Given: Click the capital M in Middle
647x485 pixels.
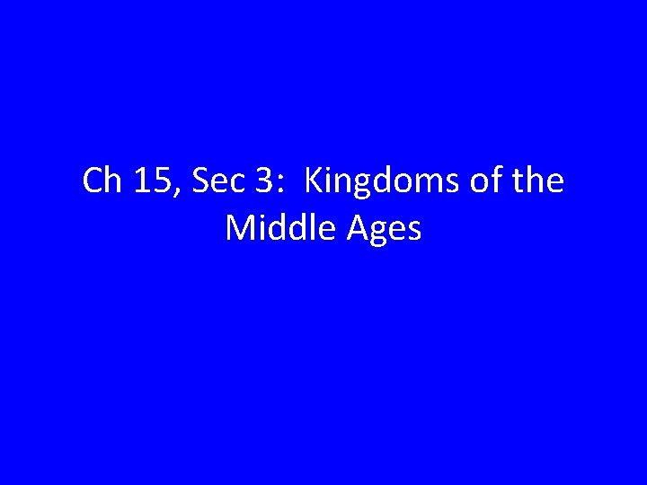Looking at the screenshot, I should tap(238, 228).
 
